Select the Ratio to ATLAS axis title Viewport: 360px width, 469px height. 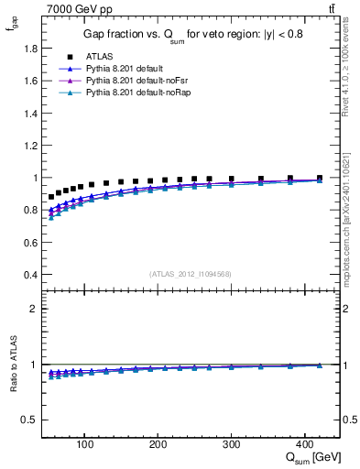click(x=12, y=379)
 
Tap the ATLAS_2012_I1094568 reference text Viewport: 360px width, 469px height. click(x=190, y=274)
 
